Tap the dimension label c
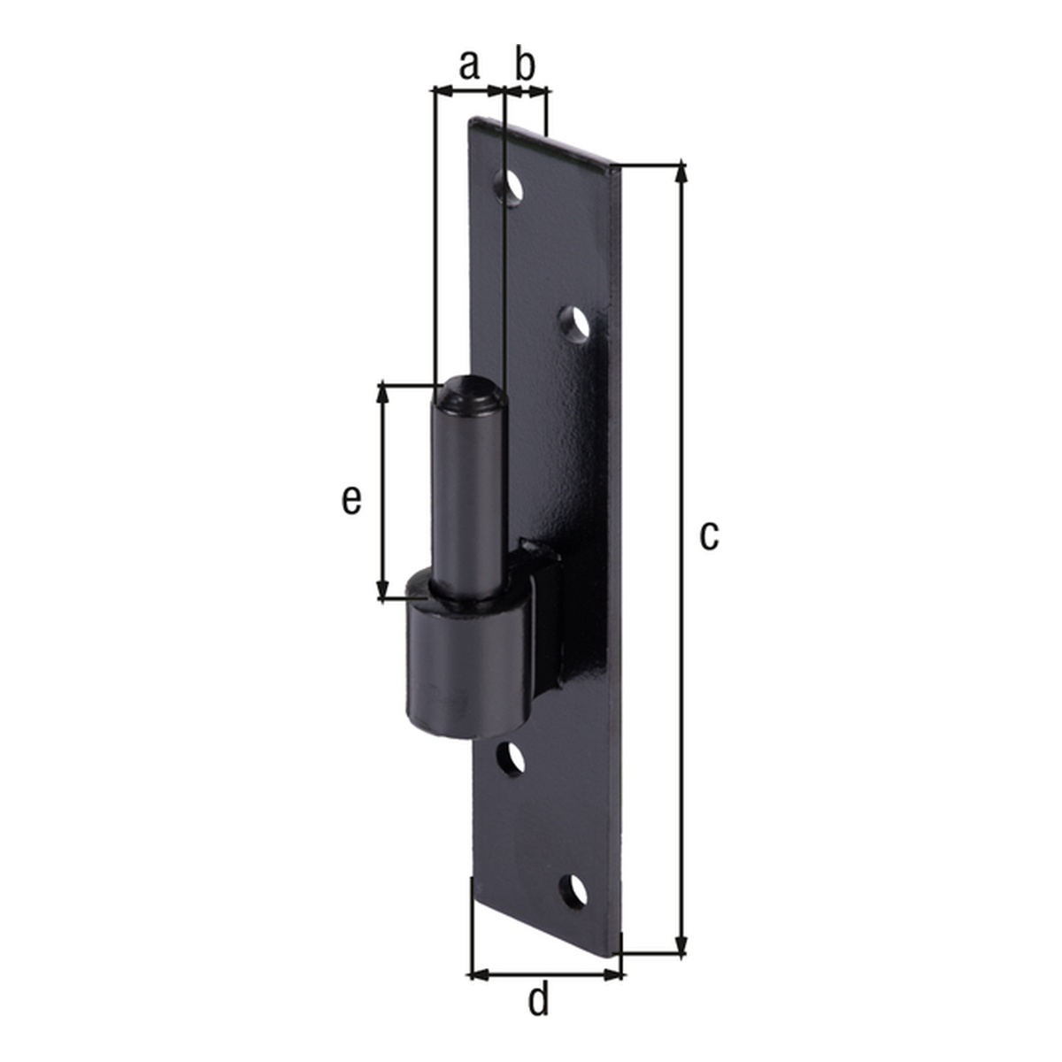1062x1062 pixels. pyautogui.click(x=707, y=535)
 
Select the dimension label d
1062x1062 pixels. pyautogui.click(x=538, y=1001)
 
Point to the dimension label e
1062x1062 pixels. pyautogui.click(x=351, y=500)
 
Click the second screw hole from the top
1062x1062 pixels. pyautogui.click(x=576, y=324)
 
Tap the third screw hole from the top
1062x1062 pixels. pyautogui.click(x=511, y=758)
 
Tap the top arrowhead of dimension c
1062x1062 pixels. pyautogui.click(x=681, y=171)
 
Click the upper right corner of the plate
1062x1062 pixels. pyautogui.click(x=620, y=166)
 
